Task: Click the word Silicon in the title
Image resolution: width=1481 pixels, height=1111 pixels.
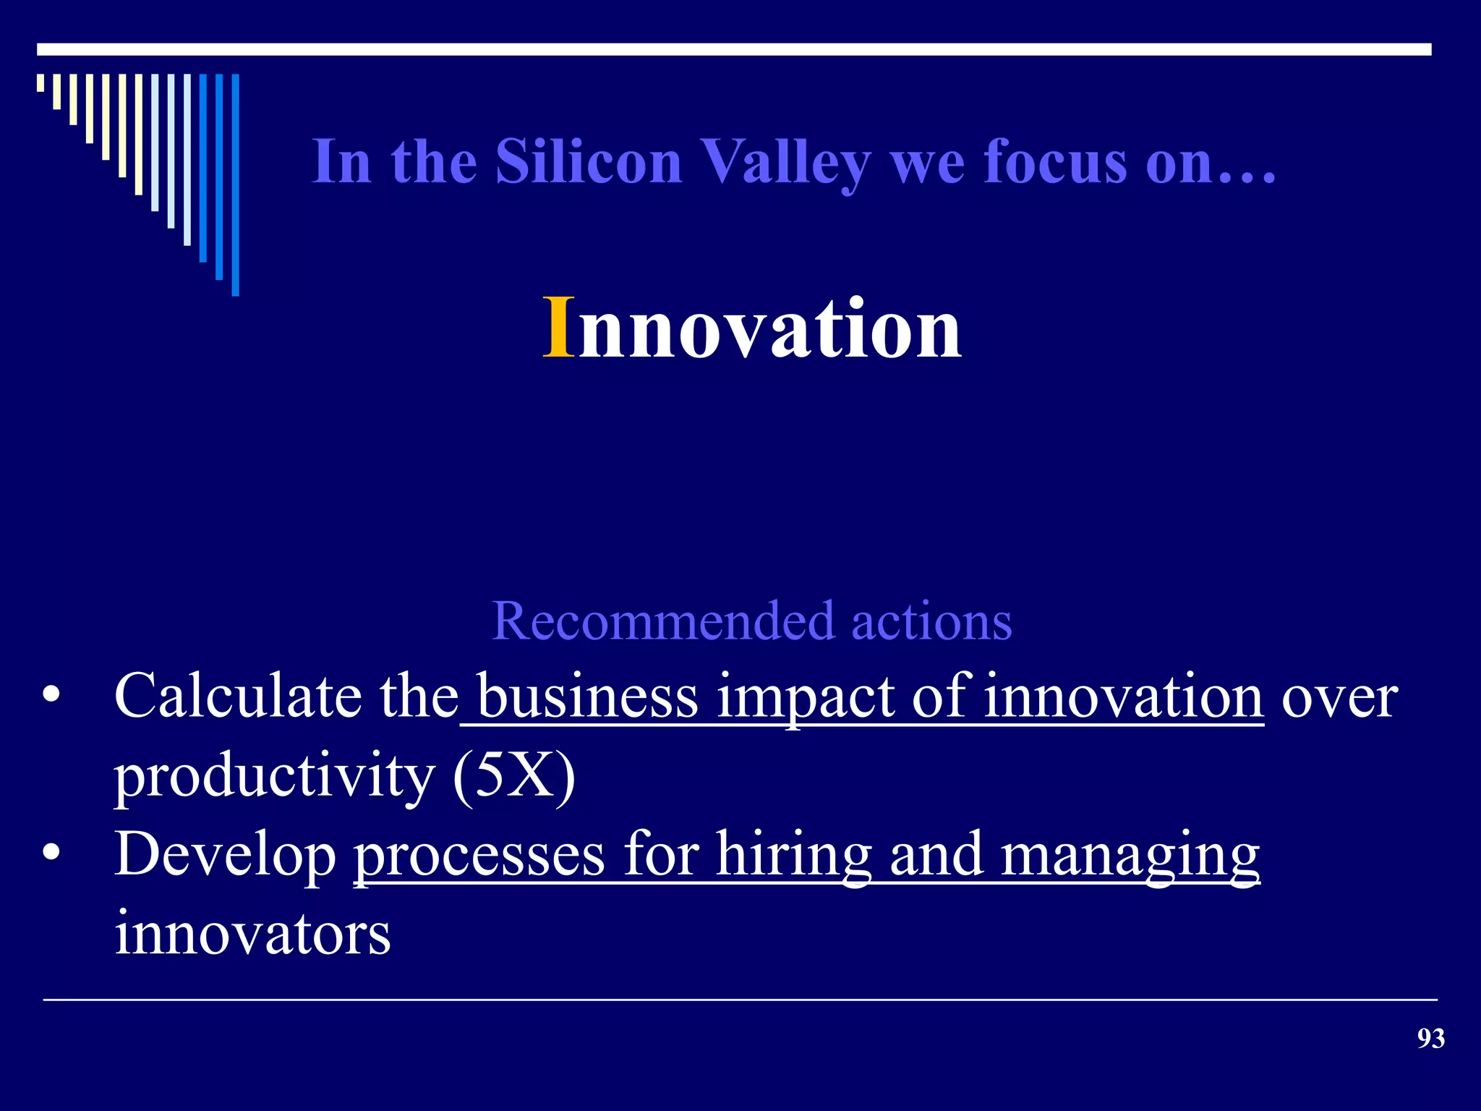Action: [x=589, y=161]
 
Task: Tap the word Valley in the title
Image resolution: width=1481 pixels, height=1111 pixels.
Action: [x=787, y=163]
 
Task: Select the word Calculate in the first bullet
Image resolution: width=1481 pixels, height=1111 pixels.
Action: [x=238, y=696]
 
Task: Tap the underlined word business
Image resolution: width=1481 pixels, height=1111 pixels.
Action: [x=587, y=696]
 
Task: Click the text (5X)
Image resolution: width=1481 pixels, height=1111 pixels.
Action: [x=514, y=775]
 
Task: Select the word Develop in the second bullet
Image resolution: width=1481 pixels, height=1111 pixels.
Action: [x=225, y=856]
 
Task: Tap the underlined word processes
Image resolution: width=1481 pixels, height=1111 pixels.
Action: [x=479, y=854]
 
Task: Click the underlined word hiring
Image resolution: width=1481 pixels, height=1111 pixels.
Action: [x=793, y=856]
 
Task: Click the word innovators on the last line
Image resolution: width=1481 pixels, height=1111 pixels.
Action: [x=252, y=934]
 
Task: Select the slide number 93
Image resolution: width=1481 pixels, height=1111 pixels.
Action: [x=1430, y=1039]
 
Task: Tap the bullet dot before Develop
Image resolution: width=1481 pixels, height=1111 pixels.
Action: [x=51, y=854]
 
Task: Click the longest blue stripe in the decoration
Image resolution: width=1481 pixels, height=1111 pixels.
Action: [x=235, y=185]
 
